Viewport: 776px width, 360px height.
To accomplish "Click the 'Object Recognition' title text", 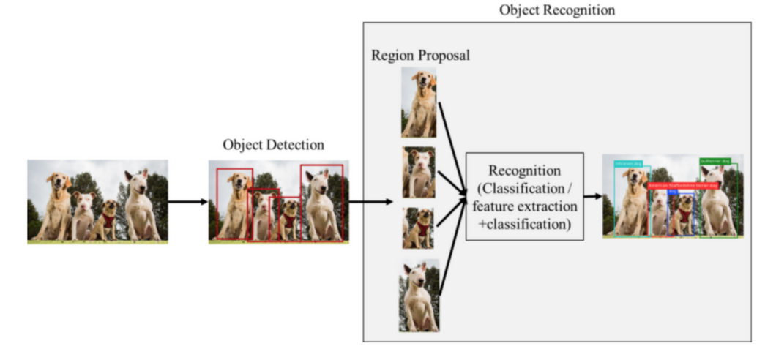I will (557, 10).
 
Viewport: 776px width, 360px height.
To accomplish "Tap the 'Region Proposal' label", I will (420, 56).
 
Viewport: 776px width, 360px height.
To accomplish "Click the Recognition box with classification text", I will (524, 197).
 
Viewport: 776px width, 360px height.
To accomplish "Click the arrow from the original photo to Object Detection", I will (188, 200).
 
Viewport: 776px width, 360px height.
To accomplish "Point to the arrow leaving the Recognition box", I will (592, 196).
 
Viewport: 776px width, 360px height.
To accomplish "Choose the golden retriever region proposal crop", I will (419, 102).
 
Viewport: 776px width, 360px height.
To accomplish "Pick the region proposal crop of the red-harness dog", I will (419, 228).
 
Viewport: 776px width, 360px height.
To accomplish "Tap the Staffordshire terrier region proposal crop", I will (419, 172).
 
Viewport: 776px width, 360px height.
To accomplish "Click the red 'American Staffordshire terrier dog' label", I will (683, 186).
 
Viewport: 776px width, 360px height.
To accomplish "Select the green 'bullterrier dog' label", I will (715, 161).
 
